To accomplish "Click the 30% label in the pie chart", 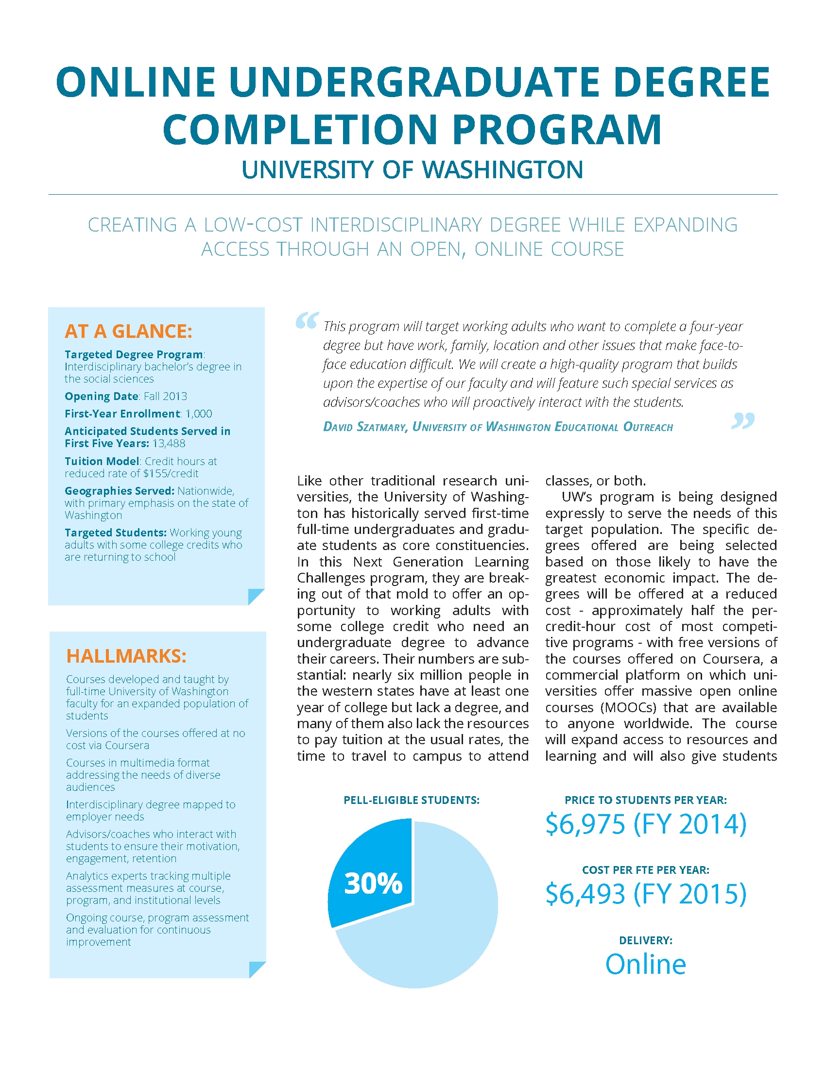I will pos(373,884).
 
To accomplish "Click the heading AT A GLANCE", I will pos(128,331).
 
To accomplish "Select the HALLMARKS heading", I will pos(126,656).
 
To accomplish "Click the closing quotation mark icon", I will pos(742,420).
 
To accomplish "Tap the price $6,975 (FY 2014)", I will pos(645,824).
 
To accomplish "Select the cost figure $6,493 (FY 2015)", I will pos(645,894).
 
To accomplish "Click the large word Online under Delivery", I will pos(645,964).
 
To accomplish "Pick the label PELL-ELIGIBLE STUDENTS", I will pos(412,800).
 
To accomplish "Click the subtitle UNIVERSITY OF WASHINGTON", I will pos(412,170).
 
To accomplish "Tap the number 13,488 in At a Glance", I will pos(168,444).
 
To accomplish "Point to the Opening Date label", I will pos(102,396).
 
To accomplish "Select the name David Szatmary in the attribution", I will pos(364,427).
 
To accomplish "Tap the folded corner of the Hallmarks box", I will pos(257,969).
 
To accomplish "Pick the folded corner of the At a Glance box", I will pos(256,596).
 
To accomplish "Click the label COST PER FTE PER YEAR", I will pos(645,870).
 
